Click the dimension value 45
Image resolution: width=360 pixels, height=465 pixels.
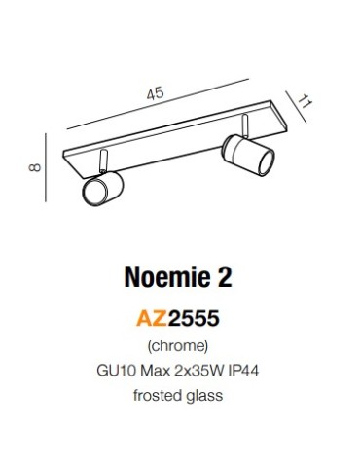[x=155, y=93]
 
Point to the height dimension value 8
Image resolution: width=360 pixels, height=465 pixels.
[x=35, y=167]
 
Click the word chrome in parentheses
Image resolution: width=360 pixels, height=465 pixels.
[x=179, y=346]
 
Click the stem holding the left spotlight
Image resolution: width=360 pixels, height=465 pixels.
[x=101, y=161]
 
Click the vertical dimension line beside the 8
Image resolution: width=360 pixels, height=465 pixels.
[x=48, y=168]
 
